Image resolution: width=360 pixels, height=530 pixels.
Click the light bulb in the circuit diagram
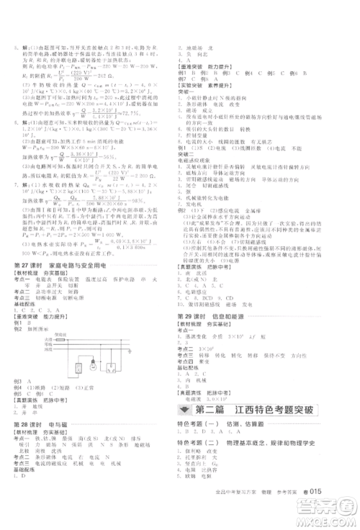(94, 366)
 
